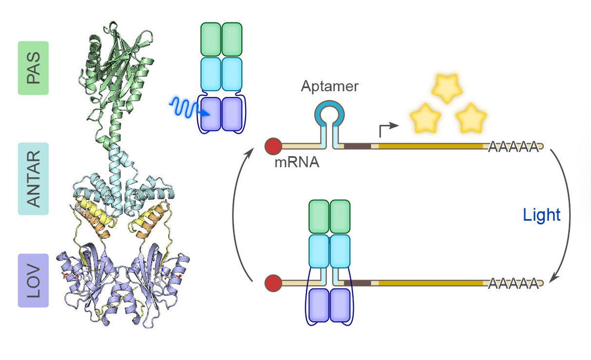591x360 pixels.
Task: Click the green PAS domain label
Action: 33,68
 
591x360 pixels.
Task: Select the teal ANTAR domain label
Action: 33,179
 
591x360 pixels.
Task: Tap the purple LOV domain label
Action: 33,280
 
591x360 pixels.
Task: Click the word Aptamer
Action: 329,87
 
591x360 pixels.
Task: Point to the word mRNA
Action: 297,162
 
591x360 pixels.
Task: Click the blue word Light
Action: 541,215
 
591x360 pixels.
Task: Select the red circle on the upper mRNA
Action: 273,146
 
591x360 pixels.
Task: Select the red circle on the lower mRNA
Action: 273,283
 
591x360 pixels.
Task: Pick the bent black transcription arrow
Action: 387,129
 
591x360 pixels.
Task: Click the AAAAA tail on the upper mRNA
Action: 514,146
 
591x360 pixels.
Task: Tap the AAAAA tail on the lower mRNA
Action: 514,283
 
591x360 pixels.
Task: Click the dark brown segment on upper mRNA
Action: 358,146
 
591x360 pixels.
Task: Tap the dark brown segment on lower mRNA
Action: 358,283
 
